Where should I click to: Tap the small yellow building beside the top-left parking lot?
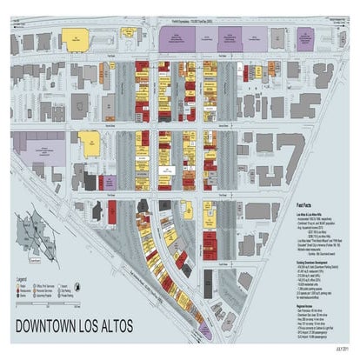pos(129,34)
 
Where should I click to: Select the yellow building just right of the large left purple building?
pos(88,142)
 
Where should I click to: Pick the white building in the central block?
pos(170,163)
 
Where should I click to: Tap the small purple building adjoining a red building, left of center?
pos(110,182)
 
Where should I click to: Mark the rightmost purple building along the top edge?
pos(305,37)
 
